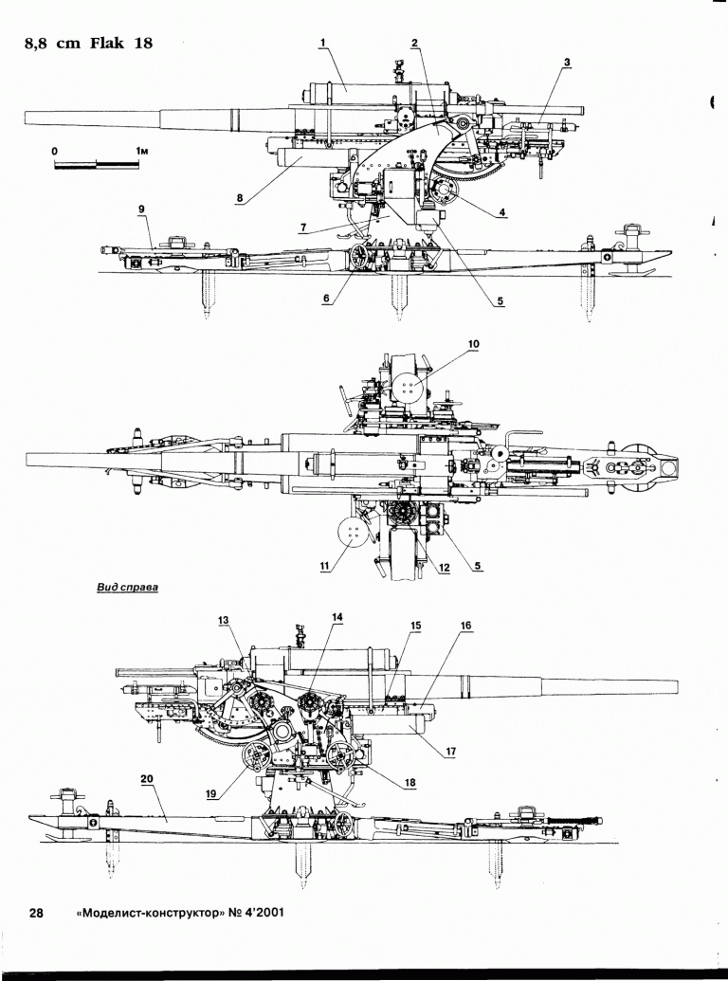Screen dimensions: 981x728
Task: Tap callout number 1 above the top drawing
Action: click(x=323, y=43)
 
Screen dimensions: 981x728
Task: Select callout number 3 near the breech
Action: click(x=566, y=63)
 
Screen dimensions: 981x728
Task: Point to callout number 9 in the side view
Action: click(x=140, y=208)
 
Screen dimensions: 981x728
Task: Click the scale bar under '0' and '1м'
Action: click(x=96, y=165)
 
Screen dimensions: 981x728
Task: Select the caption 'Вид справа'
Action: click(x=127, y=587)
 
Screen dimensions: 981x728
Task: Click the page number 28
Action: click(x=36, y=914)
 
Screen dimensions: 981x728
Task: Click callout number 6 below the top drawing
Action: click(x=326, y=297)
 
